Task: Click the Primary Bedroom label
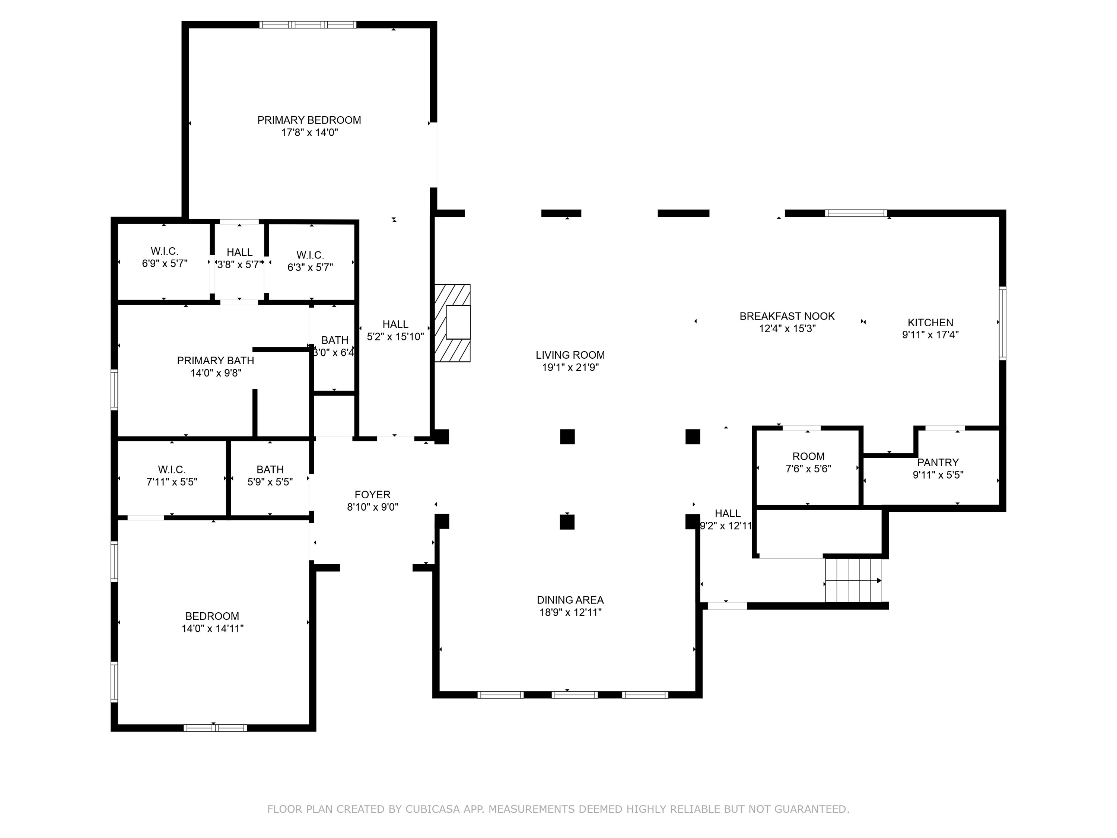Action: point(309,120)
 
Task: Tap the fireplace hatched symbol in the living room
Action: point(452,323)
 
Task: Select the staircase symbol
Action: point(853,580)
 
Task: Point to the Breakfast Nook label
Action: point(787,316)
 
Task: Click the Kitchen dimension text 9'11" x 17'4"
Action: point(930,334)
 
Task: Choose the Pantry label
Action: point(938,462)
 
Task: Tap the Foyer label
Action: point(372,495)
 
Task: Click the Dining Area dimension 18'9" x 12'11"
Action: point(570,612)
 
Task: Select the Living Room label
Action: point(570,355)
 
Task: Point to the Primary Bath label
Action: point(215,361)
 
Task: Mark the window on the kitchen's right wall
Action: point(1003,323)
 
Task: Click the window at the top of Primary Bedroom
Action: point(308,24)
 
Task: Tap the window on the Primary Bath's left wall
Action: point(115,390)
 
